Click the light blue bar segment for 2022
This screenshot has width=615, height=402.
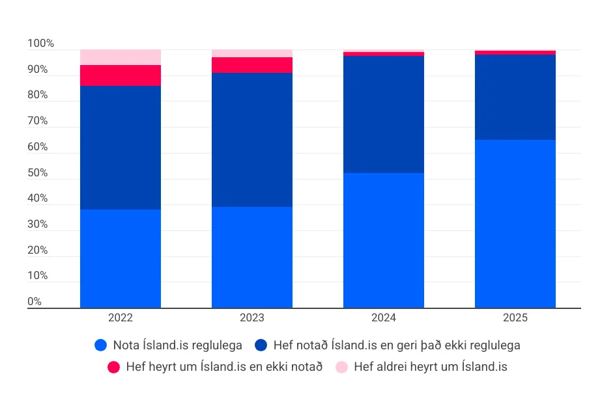pos(121,258)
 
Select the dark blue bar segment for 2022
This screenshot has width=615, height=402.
pos(121,148)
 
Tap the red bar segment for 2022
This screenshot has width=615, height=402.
pos(121,75)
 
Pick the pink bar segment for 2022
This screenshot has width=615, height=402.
pos(121,57)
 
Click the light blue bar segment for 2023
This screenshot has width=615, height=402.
pos(252,257)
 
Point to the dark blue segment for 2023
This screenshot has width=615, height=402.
pos(252,140)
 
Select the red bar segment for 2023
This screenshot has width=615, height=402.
pos(252,65)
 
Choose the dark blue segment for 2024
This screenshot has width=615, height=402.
pos(384,114)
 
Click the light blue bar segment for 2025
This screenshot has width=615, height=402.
pos(515,224)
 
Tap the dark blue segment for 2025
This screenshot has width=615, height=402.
pos(515,97)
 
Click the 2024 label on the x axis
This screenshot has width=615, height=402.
pos(384,318)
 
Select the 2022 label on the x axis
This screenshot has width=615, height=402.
pos(121,318)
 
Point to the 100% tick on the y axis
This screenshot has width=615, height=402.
pos(40,44)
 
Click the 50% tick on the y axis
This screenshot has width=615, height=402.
pos(38,173)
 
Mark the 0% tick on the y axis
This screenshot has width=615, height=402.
pos(35,302)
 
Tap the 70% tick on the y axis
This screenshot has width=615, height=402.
pos(38,121)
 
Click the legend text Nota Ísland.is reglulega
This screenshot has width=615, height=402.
pos(178,345)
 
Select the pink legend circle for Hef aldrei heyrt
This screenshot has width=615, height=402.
pos(342,367)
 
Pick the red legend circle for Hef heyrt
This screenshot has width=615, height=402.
pos(114,367)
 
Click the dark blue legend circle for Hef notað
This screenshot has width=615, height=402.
pos(261,345)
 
